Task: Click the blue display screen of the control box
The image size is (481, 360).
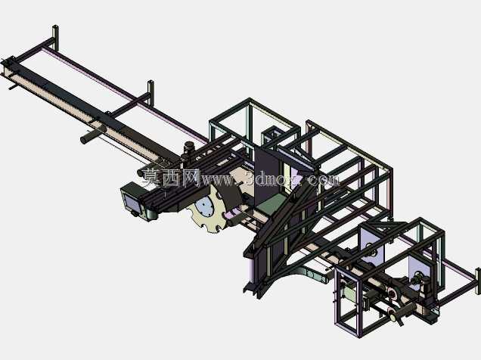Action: click(132, 203)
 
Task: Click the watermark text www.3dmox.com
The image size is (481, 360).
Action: click(270, 179)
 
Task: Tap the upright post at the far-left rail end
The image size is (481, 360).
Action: click(55, 37)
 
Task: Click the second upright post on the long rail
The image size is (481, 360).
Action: click(151, 92)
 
